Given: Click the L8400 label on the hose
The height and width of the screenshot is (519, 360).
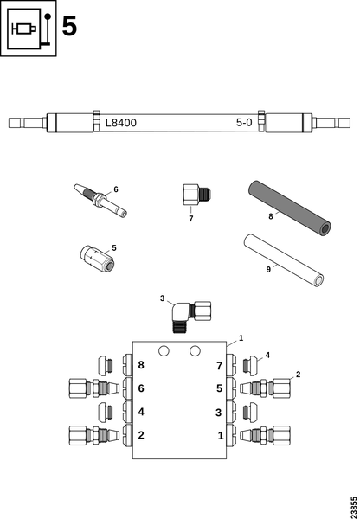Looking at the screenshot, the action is [121, 123].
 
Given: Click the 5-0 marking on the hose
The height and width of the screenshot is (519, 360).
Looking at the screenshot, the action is [244, 123].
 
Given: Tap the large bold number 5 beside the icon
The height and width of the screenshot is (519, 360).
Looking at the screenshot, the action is [69, 27].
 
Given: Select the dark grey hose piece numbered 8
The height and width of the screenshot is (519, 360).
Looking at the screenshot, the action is [289, 208].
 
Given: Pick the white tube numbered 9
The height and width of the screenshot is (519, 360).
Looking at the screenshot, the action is [284, 260].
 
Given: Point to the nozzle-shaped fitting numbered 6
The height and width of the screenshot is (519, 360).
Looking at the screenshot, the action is [100, 201].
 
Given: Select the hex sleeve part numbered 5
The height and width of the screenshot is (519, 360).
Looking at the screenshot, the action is [98, 258].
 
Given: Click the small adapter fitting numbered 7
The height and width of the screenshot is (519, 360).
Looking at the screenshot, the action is [196, 195].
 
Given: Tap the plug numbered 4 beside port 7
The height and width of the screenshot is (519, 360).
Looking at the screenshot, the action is [251, 365].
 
